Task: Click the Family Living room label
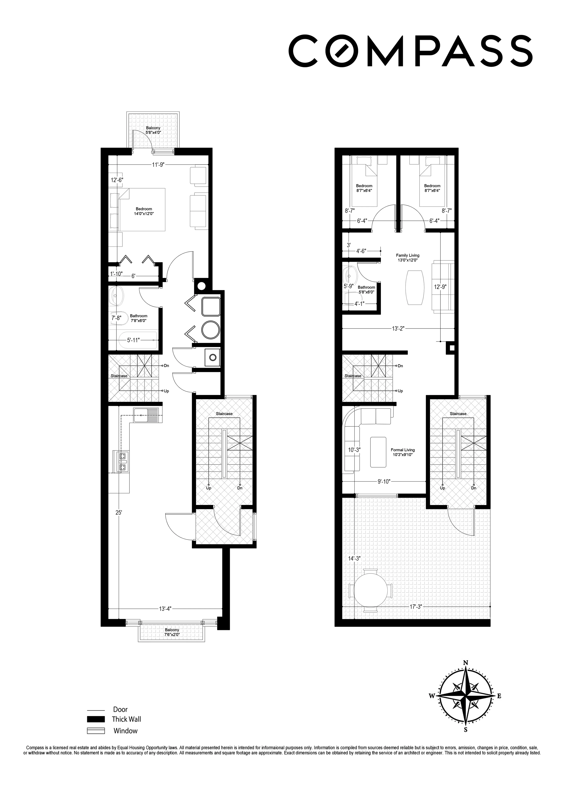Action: (x=407, y=258)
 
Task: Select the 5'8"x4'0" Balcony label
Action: (x=153, y=130)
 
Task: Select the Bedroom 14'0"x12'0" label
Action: (x=144, y=211)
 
